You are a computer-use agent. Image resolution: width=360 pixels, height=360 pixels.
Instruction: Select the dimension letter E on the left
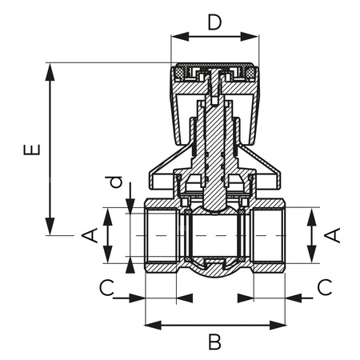point(30,150)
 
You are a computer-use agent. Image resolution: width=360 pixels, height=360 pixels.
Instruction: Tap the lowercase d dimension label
point(117,183)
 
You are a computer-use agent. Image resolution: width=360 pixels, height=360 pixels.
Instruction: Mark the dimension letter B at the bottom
point(214,342)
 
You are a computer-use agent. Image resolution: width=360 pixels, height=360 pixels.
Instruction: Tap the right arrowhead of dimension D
point(256,36)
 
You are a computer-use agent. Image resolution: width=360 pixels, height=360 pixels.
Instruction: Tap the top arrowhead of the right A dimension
point(312,214)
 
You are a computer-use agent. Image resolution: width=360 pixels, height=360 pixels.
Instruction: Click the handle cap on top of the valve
point(215,76)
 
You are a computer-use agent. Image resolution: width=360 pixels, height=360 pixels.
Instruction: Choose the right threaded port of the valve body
point(269,236)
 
